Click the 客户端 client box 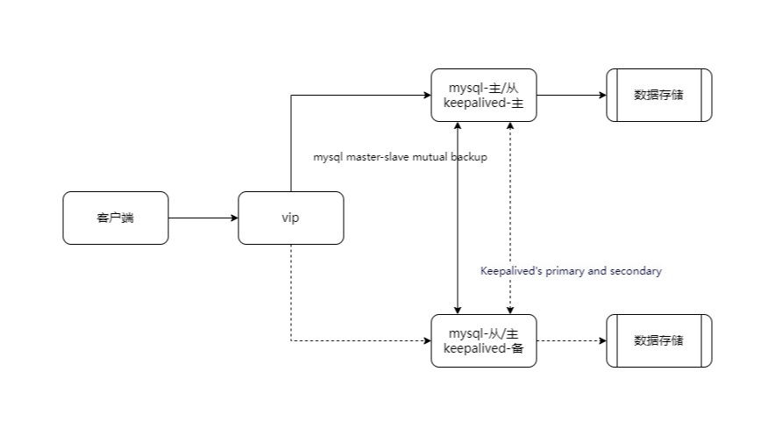click(x=115, y=218)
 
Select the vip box click(x=290, y=218)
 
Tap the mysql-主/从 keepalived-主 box click(x=483, y=95)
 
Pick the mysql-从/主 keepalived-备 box click(x=483, y=340)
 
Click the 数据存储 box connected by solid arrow click(x=658, y=95)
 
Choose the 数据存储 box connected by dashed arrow click(x=658, y=340)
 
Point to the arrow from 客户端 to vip click(x=203, y=218)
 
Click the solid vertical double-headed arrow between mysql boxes click(x=457, y=219)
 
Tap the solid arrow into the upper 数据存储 click(x=571, y=95)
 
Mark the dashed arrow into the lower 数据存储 click(x=571, y=340)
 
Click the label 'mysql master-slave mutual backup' click(x=400, y=157)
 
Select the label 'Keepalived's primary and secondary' click(x=571, y=271)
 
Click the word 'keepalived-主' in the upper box click(x=483, y=103)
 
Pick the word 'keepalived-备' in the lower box click(x=483, y=348)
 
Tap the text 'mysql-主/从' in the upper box click(x=483, y=88)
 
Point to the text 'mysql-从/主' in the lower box click(x=483, y=333)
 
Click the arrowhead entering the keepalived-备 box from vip click(x=426, y=340)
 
